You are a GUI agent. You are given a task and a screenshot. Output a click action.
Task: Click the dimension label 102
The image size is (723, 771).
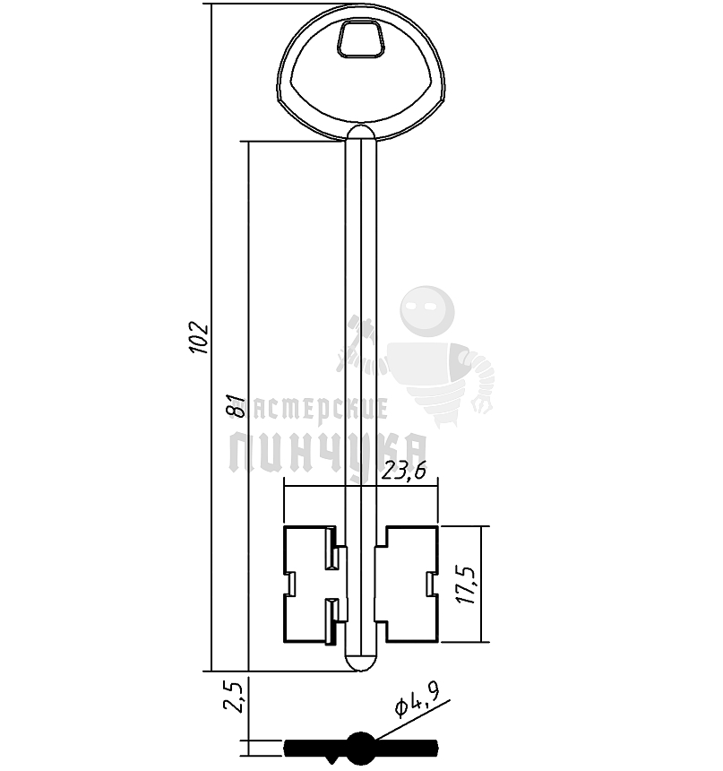[199, 338]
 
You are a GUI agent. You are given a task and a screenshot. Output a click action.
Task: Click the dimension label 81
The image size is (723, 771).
[238, 405]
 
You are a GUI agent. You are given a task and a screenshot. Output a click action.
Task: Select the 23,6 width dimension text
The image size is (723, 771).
[404, 471]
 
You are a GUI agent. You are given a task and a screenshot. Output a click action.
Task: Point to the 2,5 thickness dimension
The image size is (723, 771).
[234, 697]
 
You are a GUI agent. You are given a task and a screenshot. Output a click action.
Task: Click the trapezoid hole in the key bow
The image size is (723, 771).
[360, 39]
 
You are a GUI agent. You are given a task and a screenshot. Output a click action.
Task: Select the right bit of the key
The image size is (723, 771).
[406, 585]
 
